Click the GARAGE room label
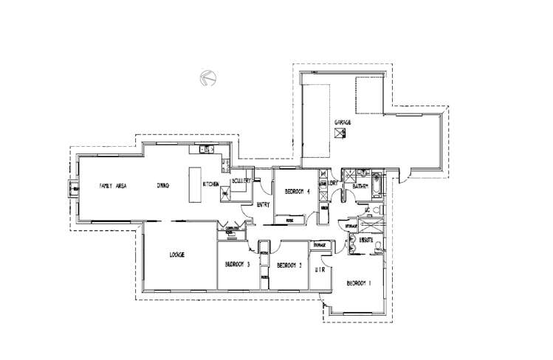tap(342, 122)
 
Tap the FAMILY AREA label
tap(113, 186)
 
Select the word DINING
tap(163, 186)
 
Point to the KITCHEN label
tap(210, 184)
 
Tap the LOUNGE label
tap(176, 255)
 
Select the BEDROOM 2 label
tap(289, 266)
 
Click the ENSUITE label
tap(365, 240)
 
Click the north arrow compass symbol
tap(207, 77)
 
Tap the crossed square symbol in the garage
tap(340, 134)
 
